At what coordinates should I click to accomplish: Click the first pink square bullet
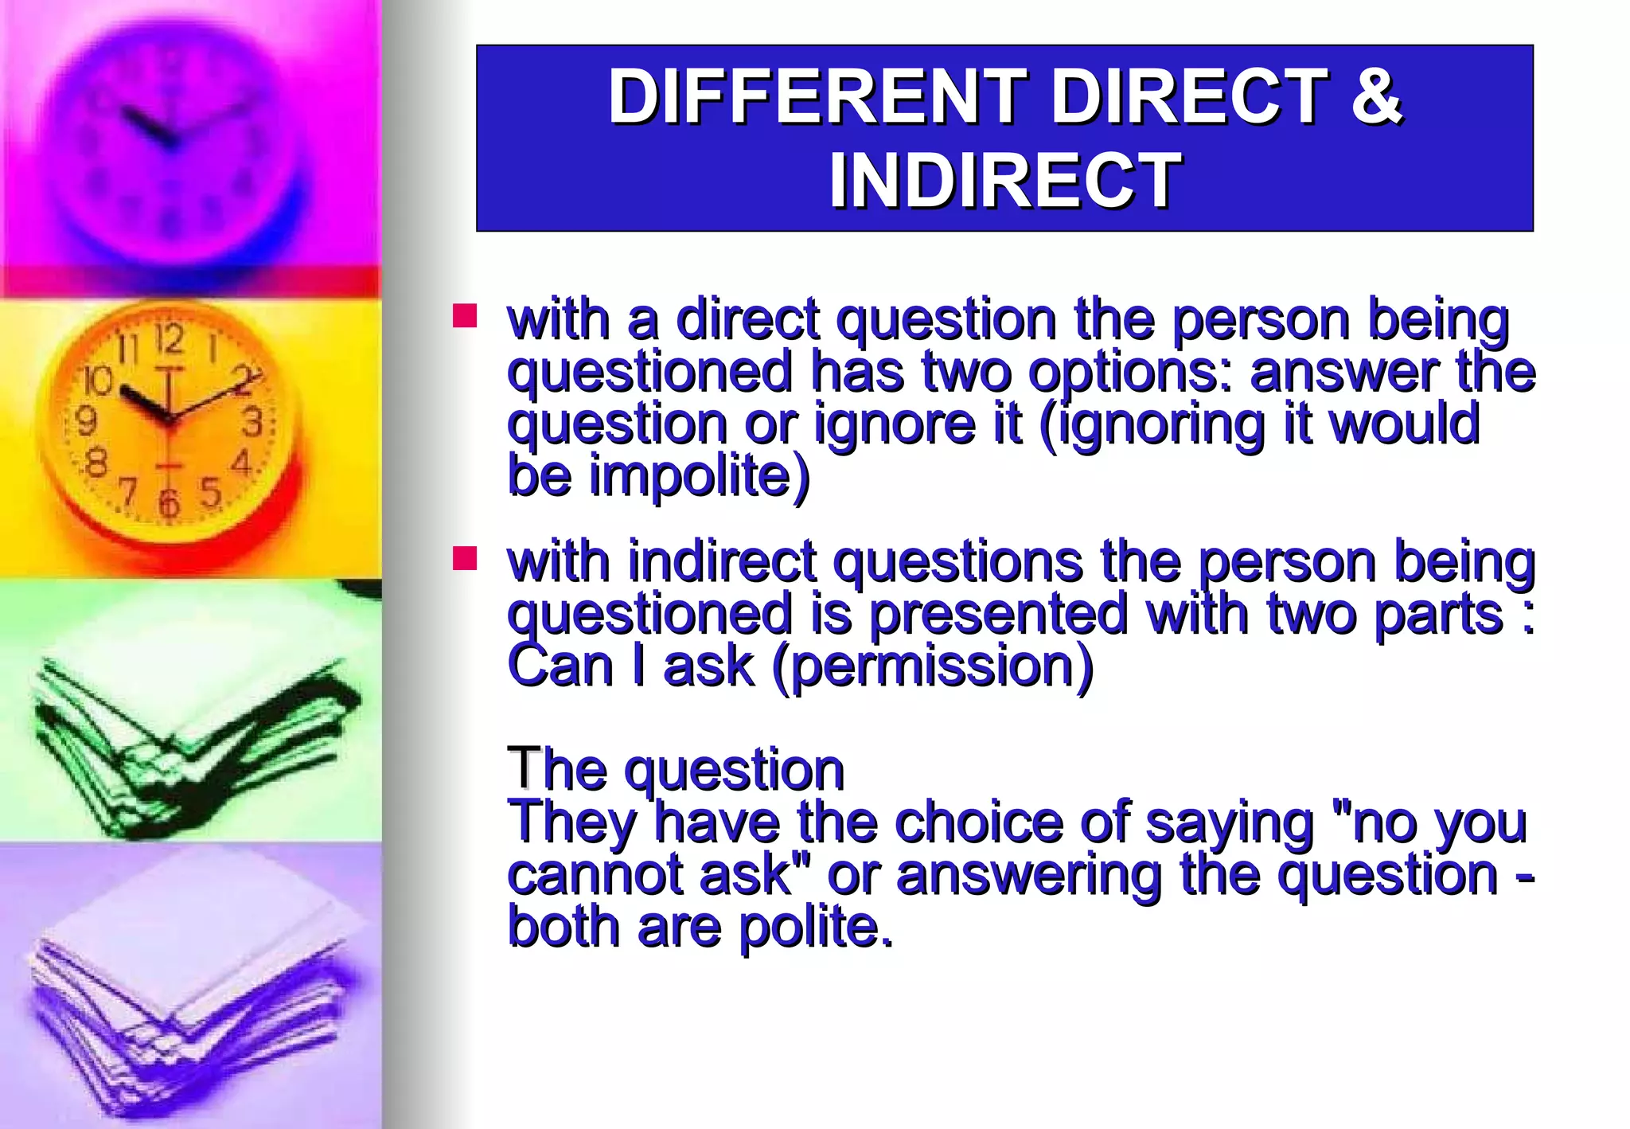tap(465, 316)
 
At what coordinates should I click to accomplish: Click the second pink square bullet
tap(465, 559)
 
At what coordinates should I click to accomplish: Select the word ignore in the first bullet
tap(895, 424)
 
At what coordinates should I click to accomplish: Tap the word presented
tap(998, 614)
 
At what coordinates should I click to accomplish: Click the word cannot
tap(595, 874)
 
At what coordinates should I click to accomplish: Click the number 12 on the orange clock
tap(169, 341)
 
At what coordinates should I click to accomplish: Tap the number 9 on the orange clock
tap(86, 420)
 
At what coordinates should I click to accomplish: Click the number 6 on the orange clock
tap(168, 503)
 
